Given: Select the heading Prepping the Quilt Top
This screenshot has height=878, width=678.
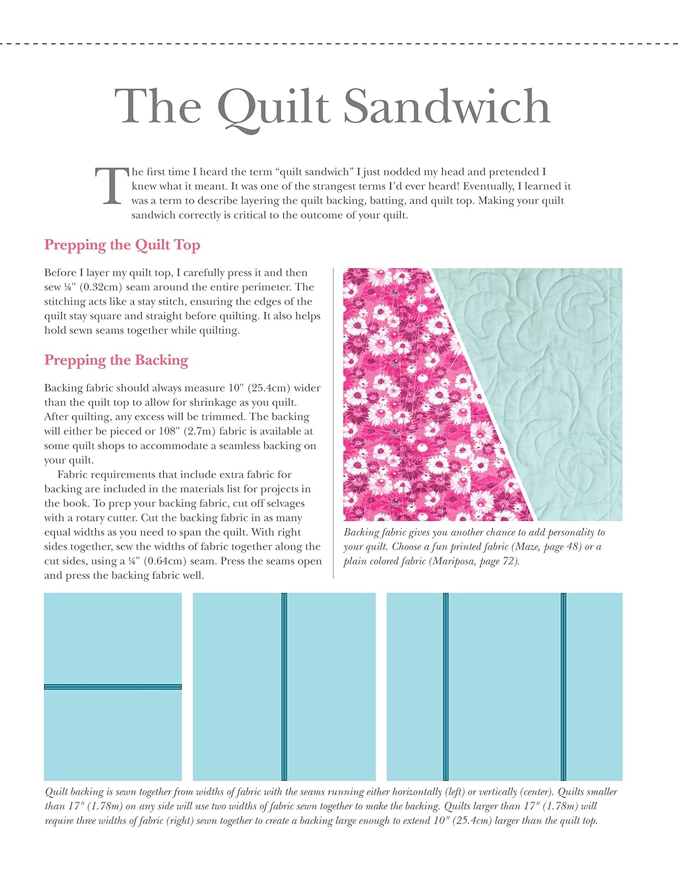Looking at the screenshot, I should tap(122, 245).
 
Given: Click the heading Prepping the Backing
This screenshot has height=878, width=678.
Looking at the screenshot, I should tap(116, 360).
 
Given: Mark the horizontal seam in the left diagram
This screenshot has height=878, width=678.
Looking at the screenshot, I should tap(113, 687).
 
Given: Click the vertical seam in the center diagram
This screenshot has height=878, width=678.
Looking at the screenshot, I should tap(284, 687).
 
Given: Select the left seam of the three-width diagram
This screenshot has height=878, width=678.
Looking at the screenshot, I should tap(446, 687).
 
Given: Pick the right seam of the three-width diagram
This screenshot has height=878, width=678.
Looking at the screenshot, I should tap(563, 687).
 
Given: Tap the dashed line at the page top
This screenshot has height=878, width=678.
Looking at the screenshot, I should tap(339, 43).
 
